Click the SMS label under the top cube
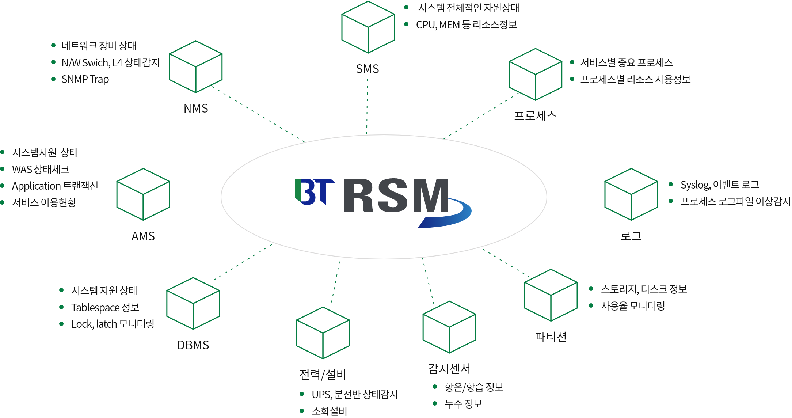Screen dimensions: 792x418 click(x=368, y=69)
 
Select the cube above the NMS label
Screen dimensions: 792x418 click(x=196, y=66)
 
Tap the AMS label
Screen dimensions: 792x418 click(x=143, y=236)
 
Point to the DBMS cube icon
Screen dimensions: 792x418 click(x=193, y=303)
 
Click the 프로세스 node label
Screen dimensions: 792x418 click(x=536, y=115)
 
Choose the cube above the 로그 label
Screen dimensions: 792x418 click(x=631, y=194)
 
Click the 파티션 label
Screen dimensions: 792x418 click(x=551, y=337)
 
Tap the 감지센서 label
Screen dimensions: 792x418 click(x=449, y=368)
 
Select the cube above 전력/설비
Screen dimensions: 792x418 click(x=323, y=333)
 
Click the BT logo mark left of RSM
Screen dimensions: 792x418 click(x=315, y=192)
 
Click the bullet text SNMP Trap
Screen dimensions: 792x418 click(x=85, y=79)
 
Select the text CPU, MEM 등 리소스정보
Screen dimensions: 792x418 click(x=467, y=25)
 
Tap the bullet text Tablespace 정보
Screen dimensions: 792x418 click(x=105, y=307)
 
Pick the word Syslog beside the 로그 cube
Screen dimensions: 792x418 click(x=695, y=185)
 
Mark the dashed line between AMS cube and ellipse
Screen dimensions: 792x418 click(x=197, y=197)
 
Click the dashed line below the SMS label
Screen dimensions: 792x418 click(x=367, y=107)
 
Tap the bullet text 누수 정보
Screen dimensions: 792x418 click(x=463, y=404)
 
